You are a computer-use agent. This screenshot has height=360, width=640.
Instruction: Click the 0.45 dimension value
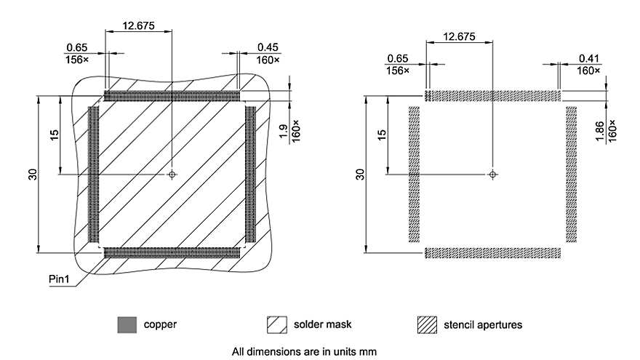point(266,47)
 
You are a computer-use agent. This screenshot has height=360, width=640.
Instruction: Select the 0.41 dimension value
point(588,57)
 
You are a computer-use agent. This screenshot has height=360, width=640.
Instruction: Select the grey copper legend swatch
point(127,324)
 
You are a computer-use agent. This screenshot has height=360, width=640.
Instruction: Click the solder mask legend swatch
point(278,324)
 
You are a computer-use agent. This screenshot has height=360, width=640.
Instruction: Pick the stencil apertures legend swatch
point(427,324)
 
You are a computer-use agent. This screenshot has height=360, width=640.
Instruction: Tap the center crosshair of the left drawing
point(172,175)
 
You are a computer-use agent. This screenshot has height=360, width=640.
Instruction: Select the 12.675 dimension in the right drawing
point(459,36)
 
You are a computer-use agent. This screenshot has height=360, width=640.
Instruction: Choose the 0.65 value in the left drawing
point(75,47)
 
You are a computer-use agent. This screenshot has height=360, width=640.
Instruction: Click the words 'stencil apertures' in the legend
point(482,324)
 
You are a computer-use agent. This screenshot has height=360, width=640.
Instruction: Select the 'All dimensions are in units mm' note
point(304,351)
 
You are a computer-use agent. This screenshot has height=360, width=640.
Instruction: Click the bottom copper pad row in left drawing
point(172,252)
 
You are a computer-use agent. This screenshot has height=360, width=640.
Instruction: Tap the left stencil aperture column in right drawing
point(415,175)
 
